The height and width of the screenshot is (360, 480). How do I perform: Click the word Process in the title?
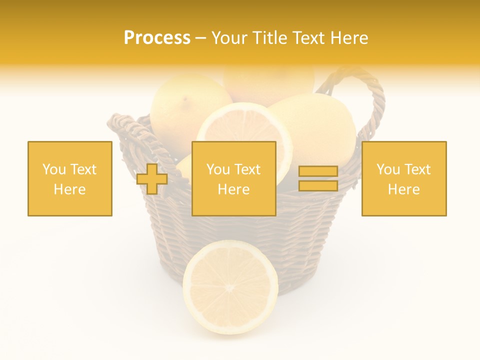click(x=157, y=38)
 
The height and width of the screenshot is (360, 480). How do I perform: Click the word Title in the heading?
click(x=269, y=38)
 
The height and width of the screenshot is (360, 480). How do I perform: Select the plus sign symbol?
click(x=152, y=179)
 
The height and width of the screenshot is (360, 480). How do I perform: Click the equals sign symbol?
click(x=318, y=179)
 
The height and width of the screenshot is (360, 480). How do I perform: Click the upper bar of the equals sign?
click(x=318, y=171)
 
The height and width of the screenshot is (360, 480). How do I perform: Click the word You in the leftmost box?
click(x=54, y=169)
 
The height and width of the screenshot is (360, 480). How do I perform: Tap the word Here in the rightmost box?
click(x=404, y=189)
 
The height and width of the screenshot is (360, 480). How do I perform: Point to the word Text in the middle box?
click(x=247, y=169)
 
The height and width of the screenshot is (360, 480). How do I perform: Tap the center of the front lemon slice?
click(x=230, y=288)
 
